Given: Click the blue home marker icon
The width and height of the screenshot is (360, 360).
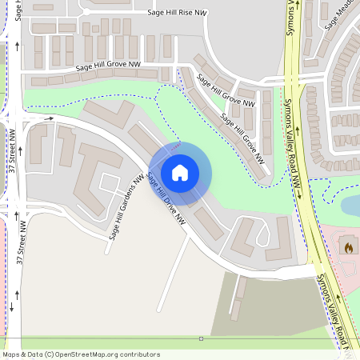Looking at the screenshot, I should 180,172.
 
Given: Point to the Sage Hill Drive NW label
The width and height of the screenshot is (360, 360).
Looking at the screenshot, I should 167,199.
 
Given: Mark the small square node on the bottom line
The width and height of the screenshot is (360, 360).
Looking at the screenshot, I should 201,338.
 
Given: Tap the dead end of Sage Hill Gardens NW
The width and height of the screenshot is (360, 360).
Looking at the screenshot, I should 106,252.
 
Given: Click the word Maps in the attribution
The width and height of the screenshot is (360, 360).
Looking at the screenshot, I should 12,354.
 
